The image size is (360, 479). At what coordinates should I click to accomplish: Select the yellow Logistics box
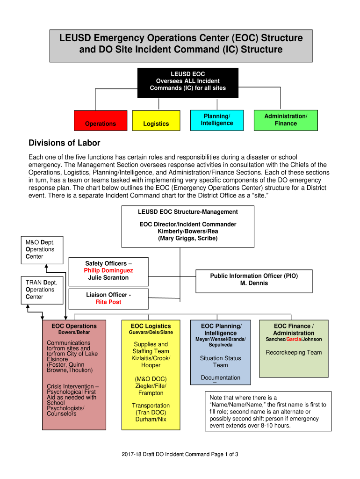(156, 121)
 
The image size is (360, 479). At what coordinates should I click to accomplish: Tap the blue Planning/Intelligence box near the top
(217, 120)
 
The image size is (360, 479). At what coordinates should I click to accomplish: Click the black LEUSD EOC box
(187, 82)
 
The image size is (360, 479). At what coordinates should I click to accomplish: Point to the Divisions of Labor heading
(65, 143)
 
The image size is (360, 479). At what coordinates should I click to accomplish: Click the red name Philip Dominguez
(108, 270)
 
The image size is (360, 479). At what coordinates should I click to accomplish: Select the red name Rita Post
(108, 302)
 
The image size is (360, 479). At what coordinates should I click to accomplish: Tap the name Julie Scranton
(108, 277)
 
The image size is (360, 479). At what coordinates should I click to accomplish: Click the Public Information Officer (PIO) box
(254, 280)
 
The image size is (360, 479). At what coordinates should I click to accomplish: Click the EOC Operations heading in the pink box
(74, 326)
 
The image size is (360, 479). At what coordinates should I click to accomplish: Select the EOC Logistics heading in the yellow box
(151, 326)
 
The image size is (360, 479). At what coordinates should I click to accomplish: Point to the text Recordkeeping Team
(294, 352)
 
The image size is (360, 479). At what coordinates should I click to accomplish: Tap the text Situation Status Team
(220, 362)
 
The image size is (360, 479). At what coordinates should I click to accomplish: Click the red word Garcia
(294, 339)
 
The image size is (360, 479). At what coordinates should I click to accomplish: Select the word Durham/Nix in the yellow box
(151, 419)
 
